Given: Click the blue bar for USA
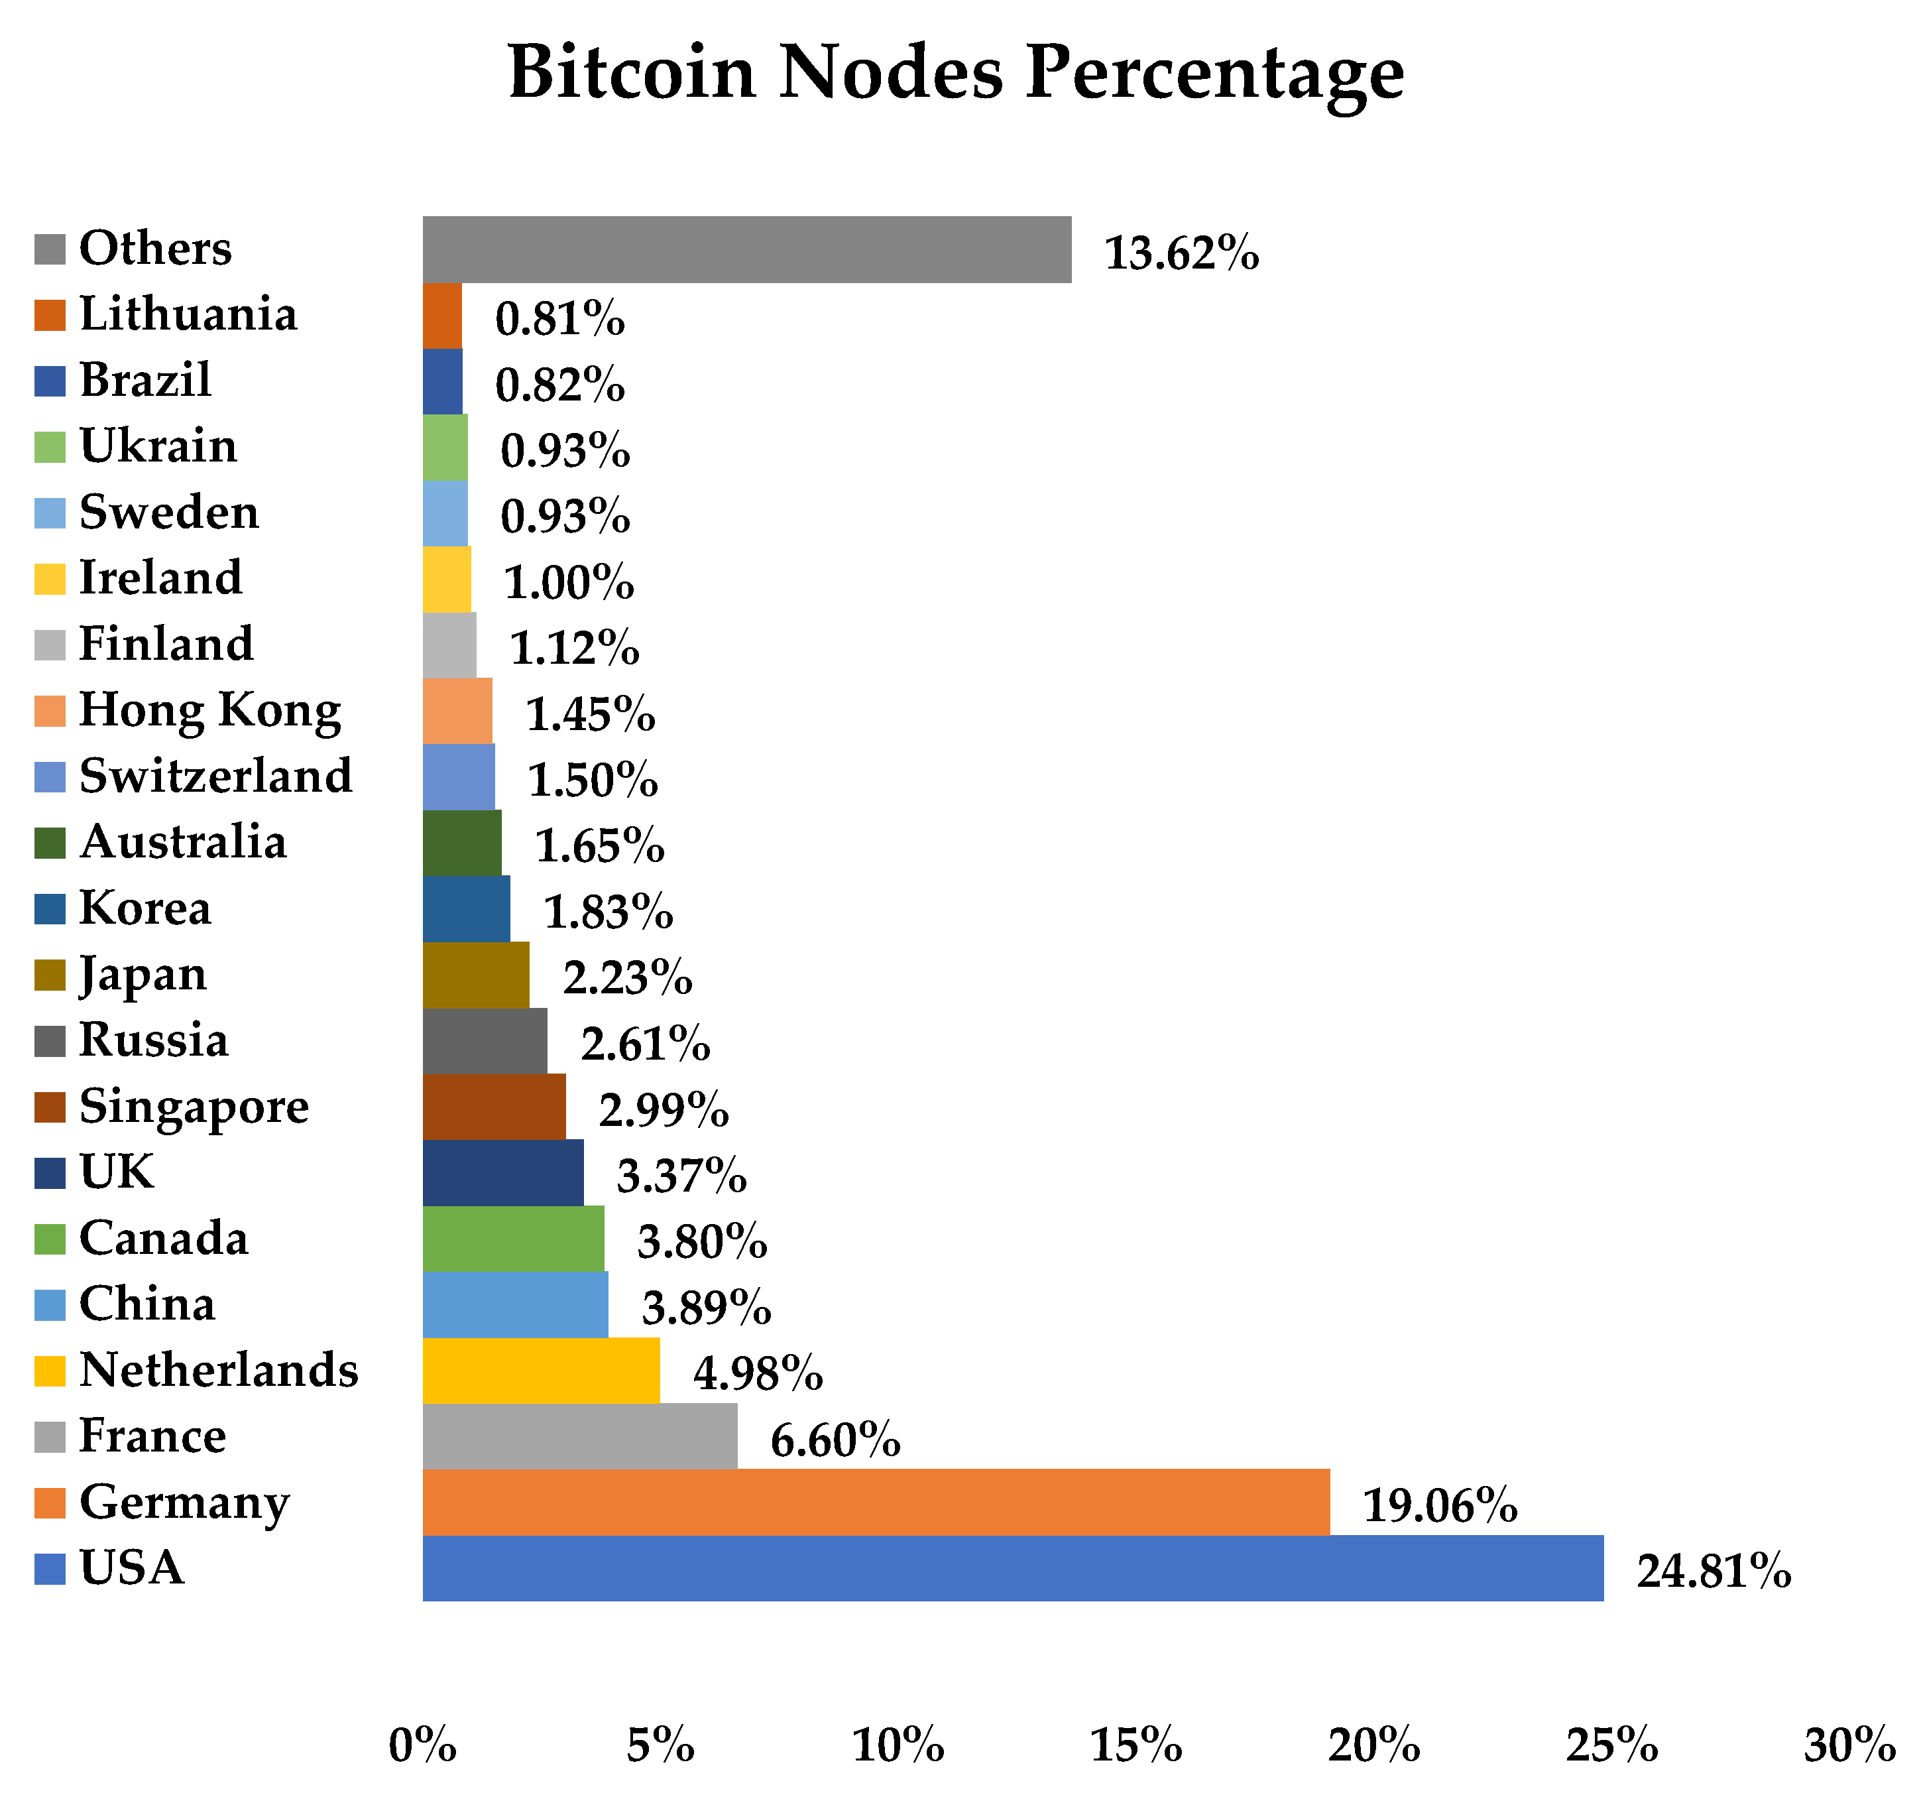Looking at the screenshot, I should (1013, 1568).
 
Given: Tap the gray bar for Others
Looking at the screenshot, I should (746, 249).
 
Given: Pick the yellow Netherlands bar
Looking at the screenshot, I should (540, 1369).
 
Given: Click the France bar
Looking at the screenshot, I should (579, 1436).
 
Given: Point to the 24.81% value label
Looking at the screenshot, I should (1714, 1571).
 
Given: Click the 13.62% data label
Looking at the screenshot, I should (1181, 254).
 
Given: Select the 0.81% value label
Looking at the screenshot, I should (560, 320).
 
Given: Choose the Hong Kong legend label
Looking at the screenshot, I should (209, 710).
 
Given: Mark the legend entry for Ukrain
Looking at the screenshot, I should (157, 446).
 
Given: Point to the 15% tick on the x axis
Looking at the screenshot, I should (1135, 1745).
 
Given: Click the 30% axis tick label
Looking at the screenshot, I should (1849, 1745).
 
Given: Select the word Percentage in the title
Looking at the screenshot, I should (1214, 74).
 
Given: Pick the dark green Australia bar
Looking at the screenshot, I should (461, 842).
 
